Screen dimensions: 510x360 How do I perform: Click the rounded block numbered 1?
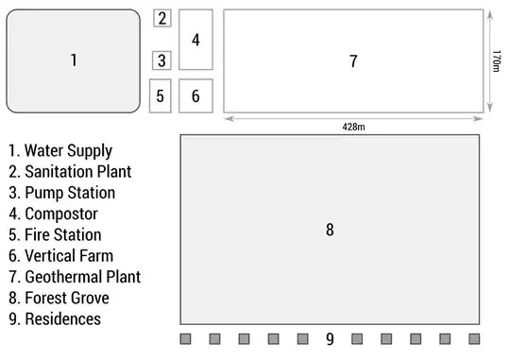(74, 60)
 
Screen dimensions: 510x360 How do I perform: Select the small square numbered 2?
(162, 18)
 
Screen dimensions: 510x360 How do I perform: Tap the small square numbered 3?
(162, 60)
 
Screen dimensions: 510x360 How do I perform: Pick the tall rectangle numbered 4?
(195, 40)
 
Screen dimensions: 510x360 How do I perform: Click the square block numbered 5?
(161, 95)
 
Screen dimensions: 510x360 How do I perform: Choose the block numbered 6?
(195, 95)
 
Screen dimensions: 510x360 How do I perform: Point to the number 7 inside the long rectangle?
(353, 61)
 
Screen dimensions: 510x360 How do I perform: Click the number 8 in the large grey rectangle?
(330, 230)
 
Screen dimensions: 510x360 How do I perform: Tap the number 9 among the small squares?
(330, 338)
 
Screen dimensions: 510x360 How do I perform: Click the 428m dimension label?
(354, 126)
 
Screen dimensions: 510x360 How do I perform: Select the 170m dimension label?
(497, 61)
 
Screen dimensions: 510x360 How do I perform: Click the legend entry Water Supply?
(60, 151)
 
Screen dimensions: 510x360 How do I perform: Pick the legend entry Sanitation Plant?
(70, 172)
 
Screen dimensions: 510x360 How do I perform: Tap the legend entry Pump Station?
(62, 193)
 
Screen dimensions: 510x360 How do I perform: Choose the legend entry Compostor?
(53, 214)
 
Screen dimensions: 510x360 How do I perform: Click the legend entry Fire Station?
(55, 234)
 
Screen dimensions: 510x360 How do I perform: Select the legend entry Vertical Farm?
(60, 256)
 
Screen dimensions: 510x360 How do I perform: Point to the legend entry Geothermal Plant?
(75, 277)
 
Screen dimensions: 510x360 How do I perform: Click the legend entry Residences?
(55, 319)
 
